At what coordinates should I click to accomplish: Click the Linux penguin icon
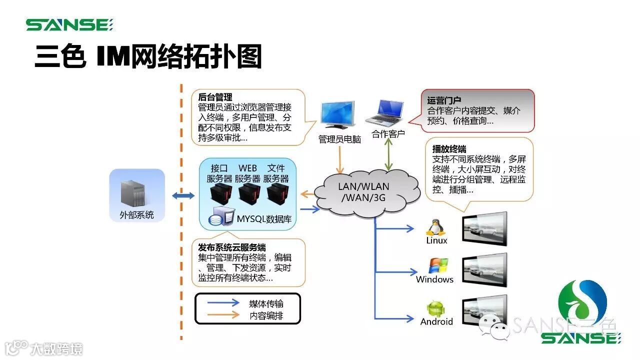(435, 227)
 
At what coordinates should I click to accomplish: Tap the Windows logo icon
(438, 266)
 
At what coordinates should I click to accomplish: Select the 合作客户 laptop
(385, 113)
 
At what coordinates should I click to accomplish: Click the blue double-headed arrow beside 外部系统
(183, 195)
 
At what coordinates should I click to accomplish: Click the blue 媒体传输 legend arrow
(223, 303)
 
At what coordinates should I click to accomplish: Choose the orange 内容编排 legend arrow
(223, 315)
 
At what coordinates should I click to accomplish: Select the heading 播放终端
(449, 149)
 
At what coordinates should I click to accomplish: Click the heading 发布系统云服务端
(231, 247)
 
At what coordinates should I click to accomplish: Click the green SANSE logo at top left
(69, 24)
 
